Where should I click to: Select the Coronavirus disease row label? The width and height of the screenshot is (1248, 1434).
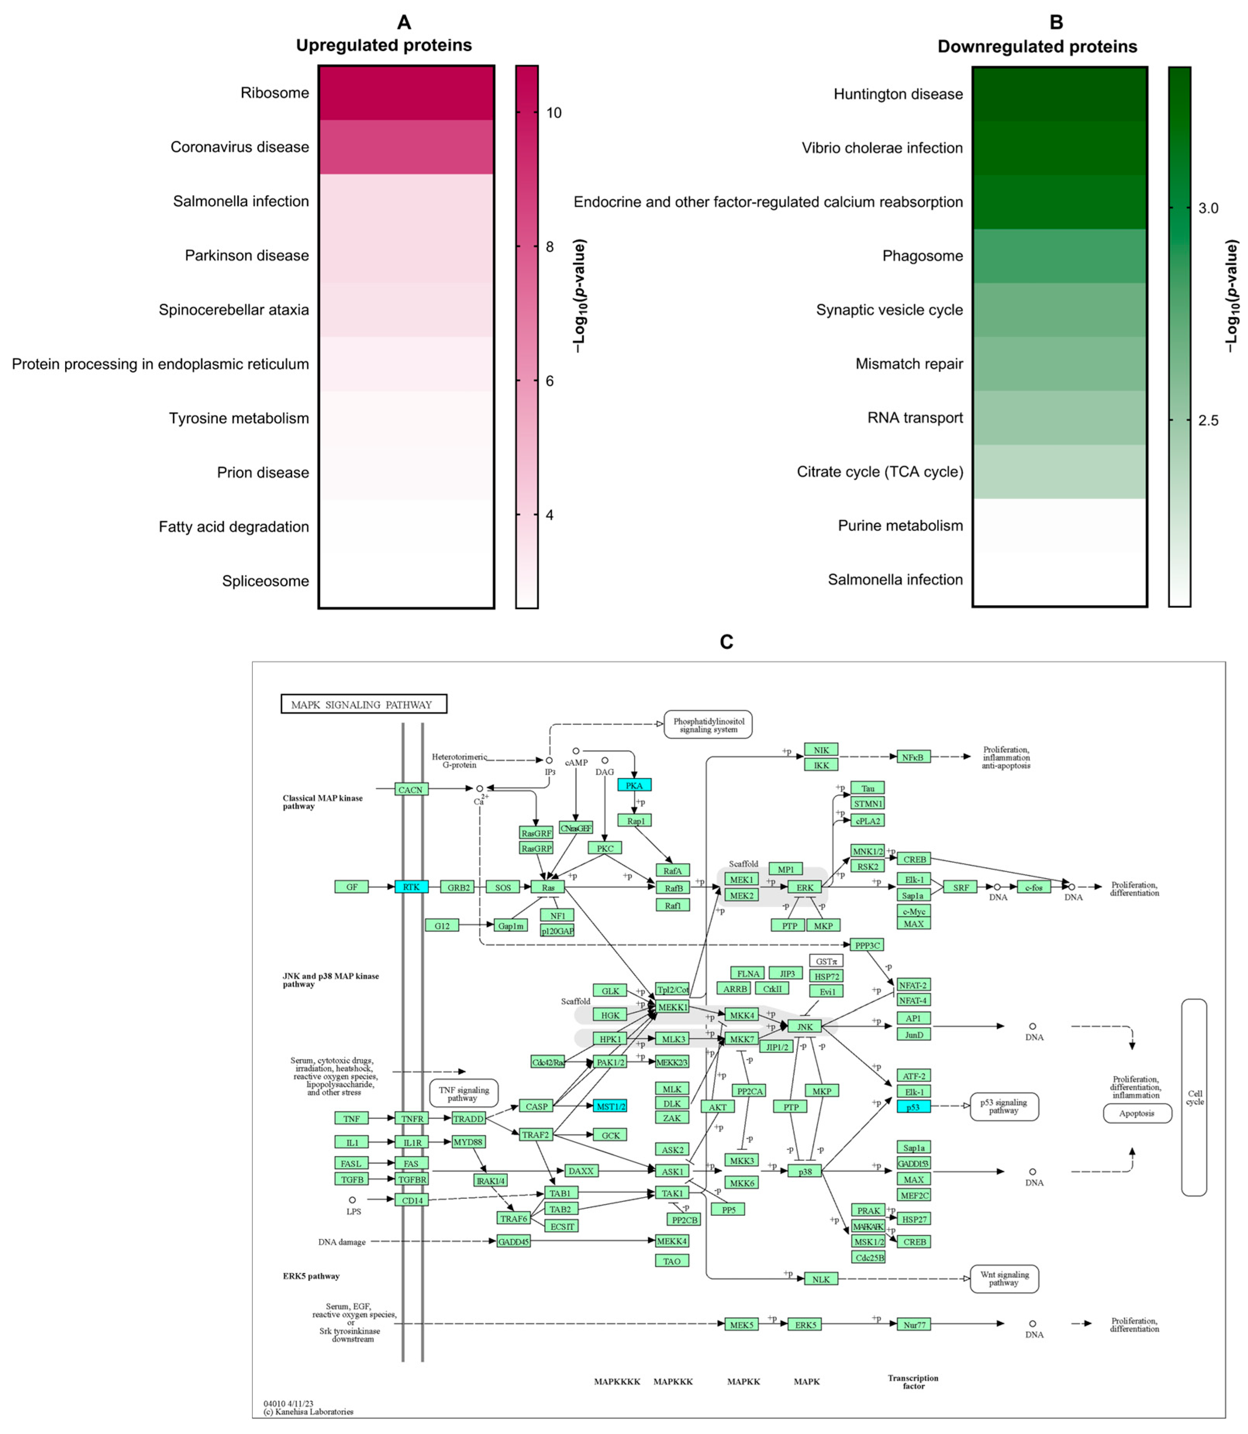pyautogui.click(x=240, y=147)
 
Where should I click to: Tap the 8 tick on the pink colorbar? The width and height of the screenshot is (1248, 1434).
pyautogui.click(x=550, y=246)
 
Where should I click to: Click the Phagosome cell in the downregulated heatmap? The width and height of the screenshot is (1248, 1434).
pyautogui.click(x=1059, y=255)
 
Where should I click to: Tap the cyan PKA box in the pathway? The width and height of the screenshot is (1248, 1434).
pyautogui.click(x=634, y=785)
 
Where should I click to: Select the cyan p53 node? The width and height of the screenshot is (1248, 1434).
pyautogui.click(x=913, y=1107)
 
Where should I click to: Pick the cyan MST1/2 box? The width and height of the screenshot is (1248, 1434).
pyautogui.click(x=610, y=1106)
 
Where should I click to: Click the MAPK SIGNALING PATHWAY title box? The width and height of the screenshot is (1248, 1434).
pyautogui.click(x=364, y=704)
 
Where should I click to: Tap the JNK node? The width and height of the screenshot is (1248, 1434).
pyautogui.click(x=804, y=1027)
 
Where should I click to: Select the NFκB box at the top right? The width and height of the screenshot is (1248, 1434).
pyautogui.click(x=913, y=757)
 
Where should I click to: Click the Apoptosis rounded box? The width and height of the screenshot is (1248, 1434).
pyautogui.click(x=1136, y=1113)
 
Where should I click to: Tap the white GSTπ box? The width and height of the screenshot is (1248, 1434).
pyautogui.click(x=826, y=961)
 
